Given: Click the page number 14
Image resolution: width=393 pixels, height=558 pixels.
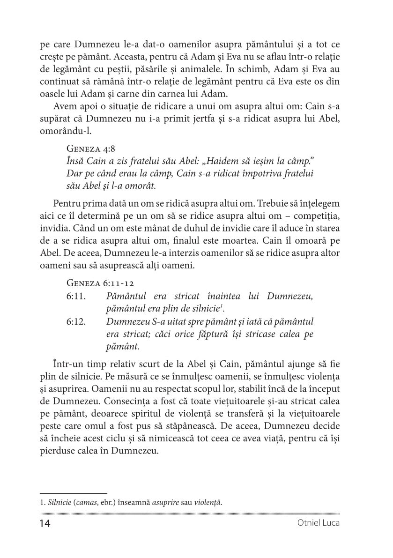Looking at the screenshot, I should click(44, 523).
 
